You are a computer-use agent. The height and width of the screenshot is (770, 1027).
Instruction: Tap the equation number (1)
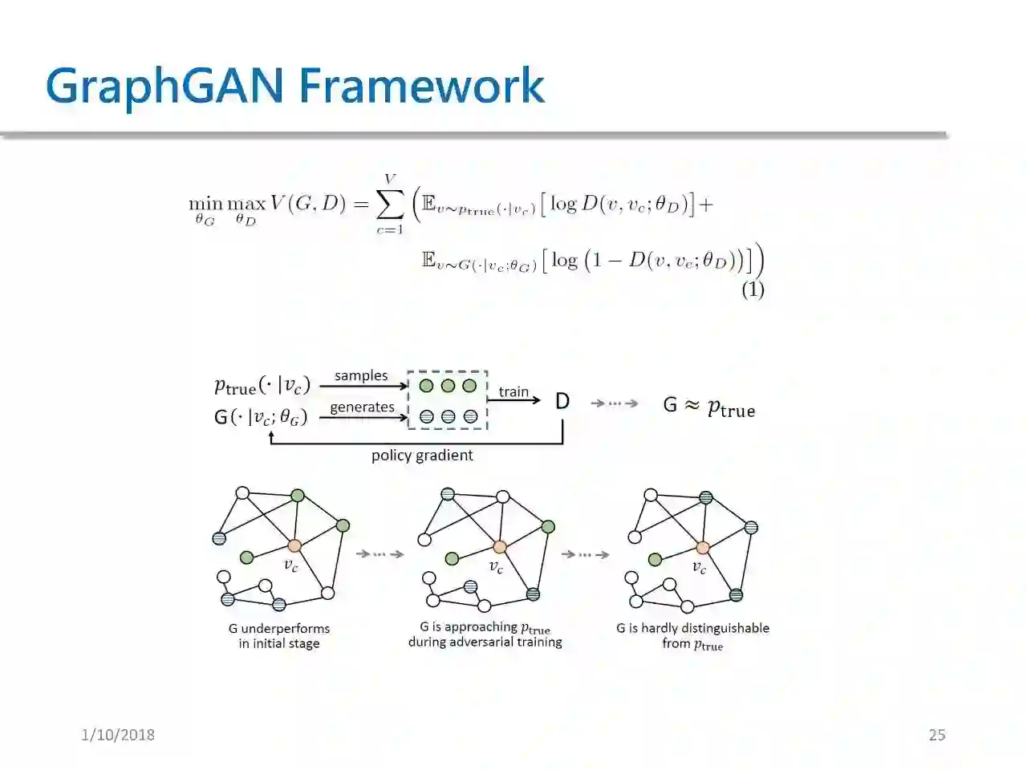[752, 290]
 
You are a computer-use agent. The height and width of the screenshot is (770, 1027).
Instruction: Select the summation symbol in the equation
[390, 205]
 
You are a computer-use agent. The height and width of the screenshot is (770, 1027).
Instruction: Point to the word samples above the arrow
[361, 375]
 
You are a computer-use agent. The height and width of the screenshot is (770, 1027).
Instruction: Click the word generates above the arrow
[362, 407]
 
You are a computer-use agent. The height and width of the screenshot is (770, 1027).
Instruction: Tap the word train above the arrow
[513, 391]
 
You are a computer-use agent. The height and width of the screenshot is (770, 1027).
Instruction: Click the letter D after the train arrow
[562, 401]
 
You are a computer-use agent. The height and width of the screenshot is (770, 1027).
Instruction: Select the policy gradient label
[422, 456]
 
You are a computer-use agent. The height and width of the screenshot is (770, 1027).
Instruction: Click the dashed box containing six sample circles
[448, 400]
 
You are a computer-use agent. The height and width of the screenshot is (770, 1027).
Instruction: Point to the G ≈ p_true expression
[709, 406]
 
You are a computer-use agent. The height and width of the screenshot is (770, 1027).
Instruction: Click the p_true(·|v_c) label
[262, 386]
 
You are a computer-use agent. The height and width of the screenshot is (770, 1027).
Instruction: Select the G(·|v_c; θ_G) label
[261, 417]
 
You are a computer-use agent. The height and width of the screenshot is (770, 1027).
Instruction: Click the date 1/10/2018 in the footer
[118, 735]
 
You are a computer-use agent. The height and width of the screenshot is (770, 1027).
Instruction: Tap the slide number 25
[937, 735]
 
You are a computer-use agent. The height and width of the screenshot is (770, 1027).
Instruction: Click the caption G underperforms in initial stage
[279, 636]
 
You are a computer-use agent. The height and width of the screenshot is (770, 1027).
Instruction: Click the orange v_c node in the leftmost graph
[294, 545]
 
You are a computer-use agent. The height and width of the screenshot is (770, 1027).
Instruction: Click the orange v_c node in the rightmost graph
[703, 548]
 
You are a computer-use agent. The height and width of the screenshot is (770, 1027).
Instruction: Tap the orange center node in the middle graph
[500, 547]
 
